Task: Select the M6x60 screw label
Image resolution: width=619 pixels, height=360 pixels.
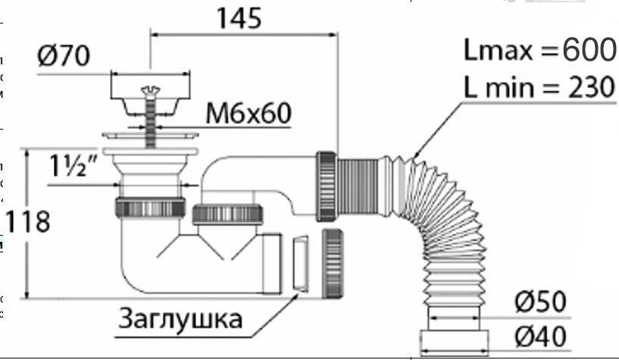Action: click(x=249, y=114)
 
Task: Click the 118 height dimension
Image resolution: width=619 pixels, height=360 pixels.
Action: click(x=27, y=222)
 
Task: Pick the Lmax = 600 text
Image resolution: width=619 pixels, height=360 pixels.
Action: click(x=539, y=50)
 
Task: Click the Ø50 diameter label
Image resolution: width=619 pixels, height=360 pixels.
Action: click(x=541, y=302)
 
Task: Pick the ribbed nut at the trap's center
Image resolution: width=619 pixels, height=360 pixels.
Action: click(x=227, y=213)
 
